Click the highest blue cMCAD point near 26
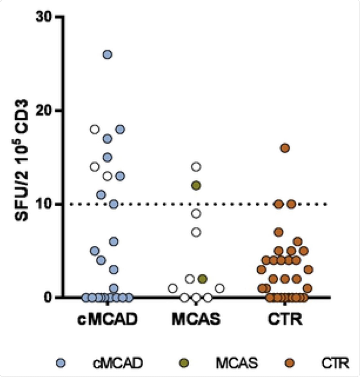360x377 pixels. point(108,55)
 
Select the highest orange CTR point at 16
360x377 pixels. point(285,148)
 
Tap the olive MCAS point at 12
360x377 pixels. point(196,186)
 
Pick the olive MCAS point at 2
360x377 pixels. point(203,279)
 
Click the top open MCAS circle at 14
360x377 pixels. point(196,167)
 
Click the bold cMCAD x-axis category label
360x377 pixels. point(107,319)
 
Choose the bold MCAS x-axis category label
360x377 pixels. point(196,319)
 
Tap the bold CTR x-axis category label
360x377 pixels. point(285,319)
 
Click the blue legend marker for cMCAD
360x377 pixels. point(61,363)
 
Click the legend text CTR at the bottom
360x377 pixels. point(335,363)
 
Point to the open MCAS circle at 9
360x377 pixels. point(196,213)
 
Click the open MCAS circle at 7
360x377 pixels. point(196,232)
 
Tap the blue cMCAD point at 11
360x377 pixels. point(101,195)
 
